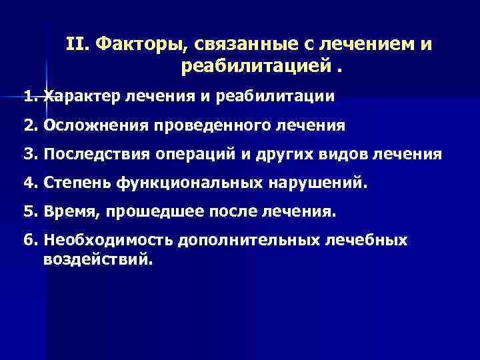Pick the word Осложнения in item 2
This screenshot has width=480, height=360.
(92, 125)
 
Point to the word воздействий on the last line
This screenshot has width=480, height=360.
(99, 259)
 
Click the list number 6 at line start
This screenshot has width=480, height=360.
(28, 240)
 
